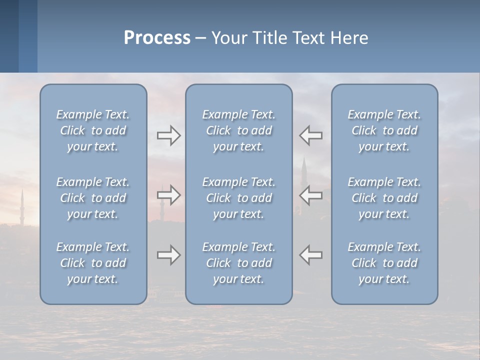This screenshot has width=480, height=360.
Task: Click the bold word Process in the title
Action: pos(157,38)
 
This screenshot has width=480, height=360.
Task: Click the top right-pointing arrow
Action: pos(168,135)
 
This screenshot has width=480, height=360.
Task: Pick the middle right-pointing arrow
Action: pos(168,195)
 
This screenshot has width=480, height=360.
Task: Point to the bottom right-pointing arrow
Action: pos(168,255)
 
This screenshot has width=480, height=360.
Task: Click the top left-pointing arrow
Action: pos(311,135)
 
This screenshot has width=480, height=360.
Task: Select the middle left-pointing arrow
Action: pos(311,195)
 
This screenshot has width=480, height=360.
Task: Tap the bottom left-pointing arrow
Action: pos(311,255)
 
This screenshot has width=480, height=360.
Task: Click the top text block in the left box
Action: pos(93,130)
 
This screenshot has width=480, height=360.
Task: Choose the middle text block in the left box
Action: pos(93,198)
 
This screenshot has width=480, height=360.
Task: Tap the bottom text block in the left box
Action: pos(93,263)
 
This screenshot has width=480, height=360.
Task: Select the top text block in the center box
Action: pos(239,130)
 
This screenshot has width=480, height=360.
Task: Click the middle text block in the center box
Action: pos(239,198)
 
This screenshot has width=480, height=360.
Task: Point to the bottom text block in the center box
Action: pos(239,263)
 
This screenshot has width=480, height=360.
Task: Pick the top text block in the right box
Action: pos(384,130)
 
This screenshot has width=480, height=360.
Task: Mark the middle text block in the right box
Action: pos(384,198)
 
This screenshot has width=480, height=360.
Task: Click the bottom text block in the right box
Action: pos(384,263)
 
